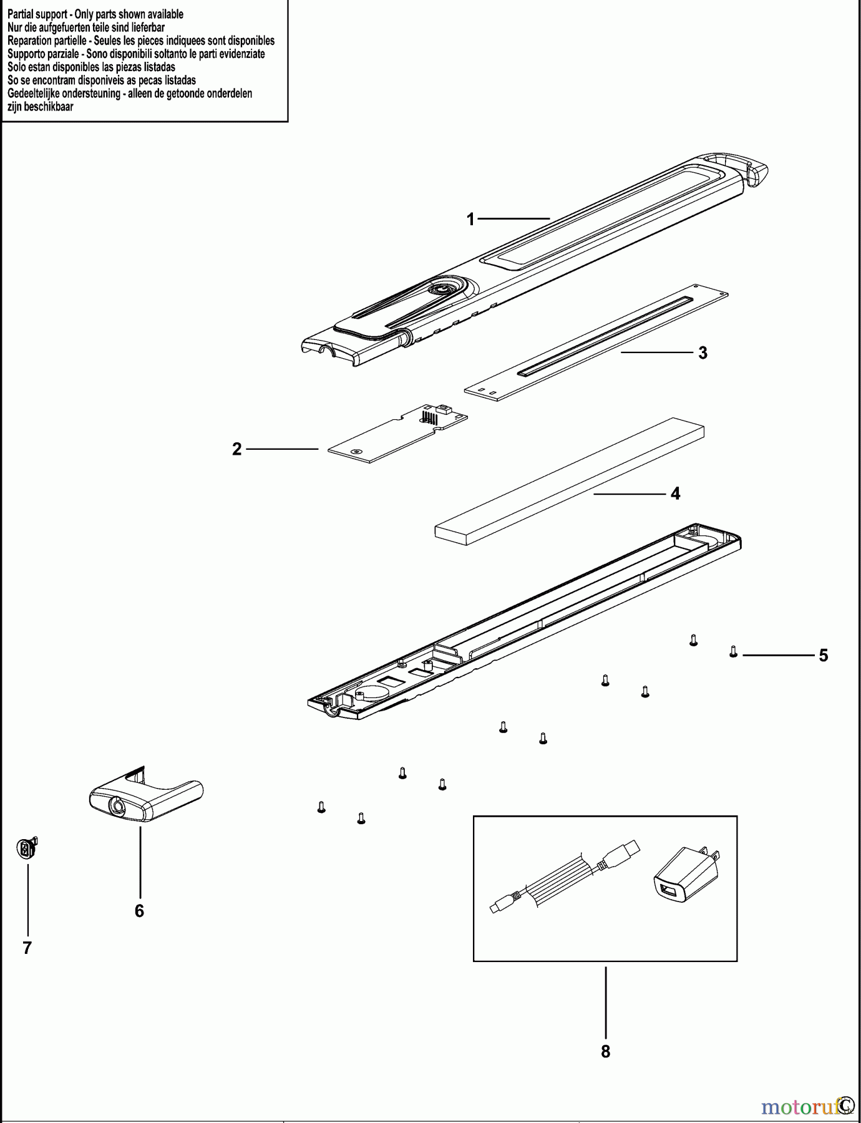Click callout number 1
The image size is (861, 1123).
[471, 219]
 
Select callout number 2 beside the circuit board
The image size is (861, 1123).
[236, 449]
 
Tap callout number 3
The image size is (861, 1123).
[703, 353]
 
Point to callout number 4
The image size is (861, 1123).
[675, 494]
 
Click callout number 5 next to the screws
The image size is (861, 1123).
[823, 656]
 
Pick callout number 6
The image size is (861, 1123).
[139, 911]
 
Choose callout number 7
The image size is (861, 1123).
[27, 948]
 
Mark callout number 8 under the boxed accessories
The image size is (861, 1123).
[605, 1051]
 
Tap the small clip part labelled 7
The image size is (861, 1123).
[27, 849]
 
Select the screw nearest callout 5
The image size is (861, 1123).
[734, 651]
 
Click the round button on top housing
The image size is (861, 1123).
[442, 288]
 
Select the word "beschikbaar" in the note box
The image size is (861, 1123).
[49, 107]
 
